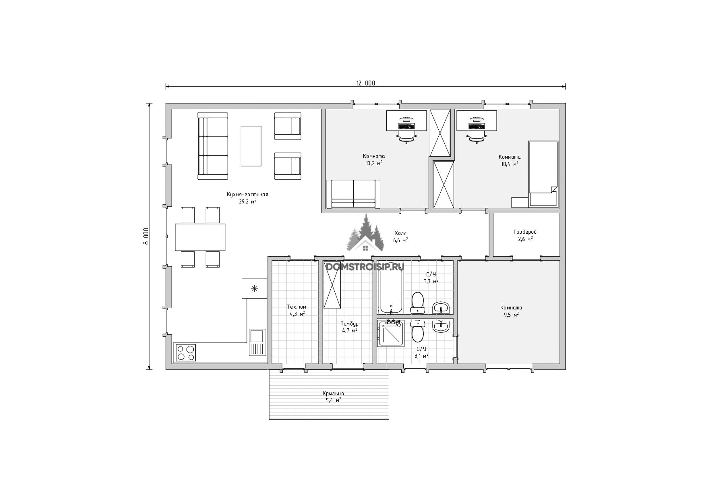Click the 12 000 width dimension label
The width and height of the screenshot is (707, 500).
click(x=365, y=83)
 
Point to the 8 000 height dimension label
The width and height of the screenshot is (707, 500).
click(x=146, y=236)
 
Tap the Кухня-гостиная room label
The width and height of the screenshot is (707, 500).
click(x=247, y=194)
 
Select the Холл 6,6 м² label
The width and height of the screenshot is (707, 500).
click(x=400, y=237)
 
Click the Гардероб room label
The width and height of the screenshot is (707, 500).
click(x=525, y=232)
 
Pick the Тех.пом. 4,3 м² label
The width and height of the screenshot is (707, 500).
click(x=297, y=310)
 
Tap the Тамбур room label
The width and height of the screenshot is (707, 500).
click(x=349, y=324)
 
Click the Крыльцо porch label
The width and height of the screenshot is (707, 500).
click(x=333, y=394)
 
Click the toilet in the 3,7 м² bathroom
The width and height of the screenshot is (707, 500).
click(x=418, y=303)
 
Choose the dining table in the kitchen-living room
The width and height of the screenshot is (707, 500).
click(x=200, y=237)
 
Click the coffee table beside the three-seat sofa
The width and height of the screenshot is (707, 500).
click(x=251, y=146)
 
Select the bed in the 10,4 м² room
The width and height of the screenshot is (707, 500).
click(x=543, y=174)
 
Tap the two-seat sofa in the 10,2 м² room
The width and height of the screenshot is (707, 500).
click(x=353, y=194)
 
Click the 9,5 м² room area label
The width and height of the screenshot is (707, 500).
click(x=511, y=315)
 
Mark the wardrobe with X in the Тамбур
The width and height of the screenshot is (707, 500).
click(x=333, y=284)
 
